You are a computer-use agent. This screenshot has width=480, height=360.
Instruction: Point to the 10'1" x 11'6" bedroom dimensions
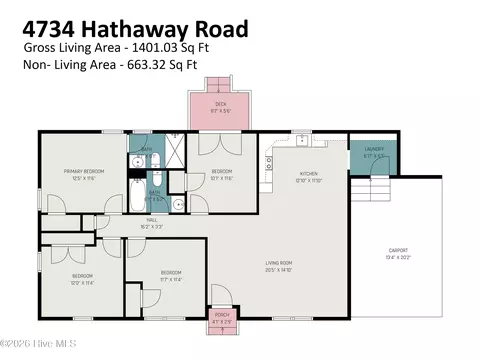(x=220, y=178)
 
